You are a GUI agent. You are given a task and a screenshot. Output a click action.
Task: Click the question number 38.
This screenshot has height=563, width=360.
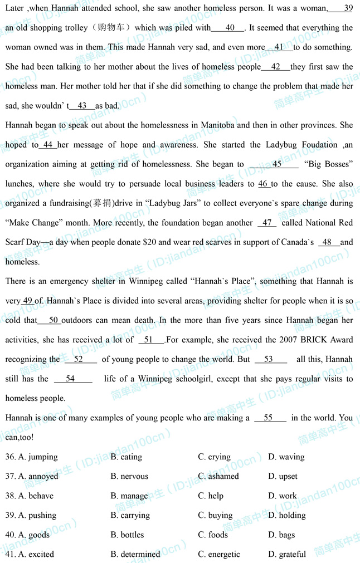point(10,496)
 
